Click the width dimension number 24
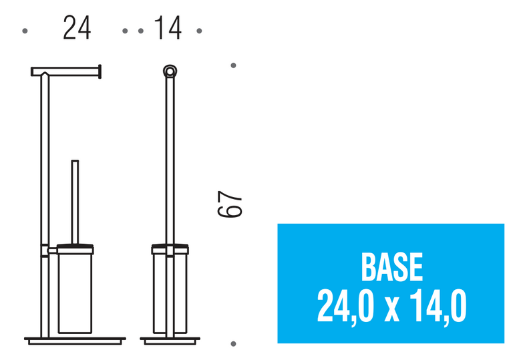click(77, 28)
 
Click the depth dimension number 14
click(168, 28)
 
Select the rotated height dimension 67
click(230, 204)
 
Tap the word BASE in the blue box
click(391, 266)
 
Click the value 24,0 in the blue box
click(345, 305)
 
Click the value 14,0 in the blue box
click(438, 305)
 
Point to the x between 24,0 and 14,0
click(391, 311)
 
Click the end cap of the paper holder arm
click(100, 71)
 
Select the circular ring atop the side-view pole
click(170, 71)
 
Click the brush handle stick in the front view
click(75, 202)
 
